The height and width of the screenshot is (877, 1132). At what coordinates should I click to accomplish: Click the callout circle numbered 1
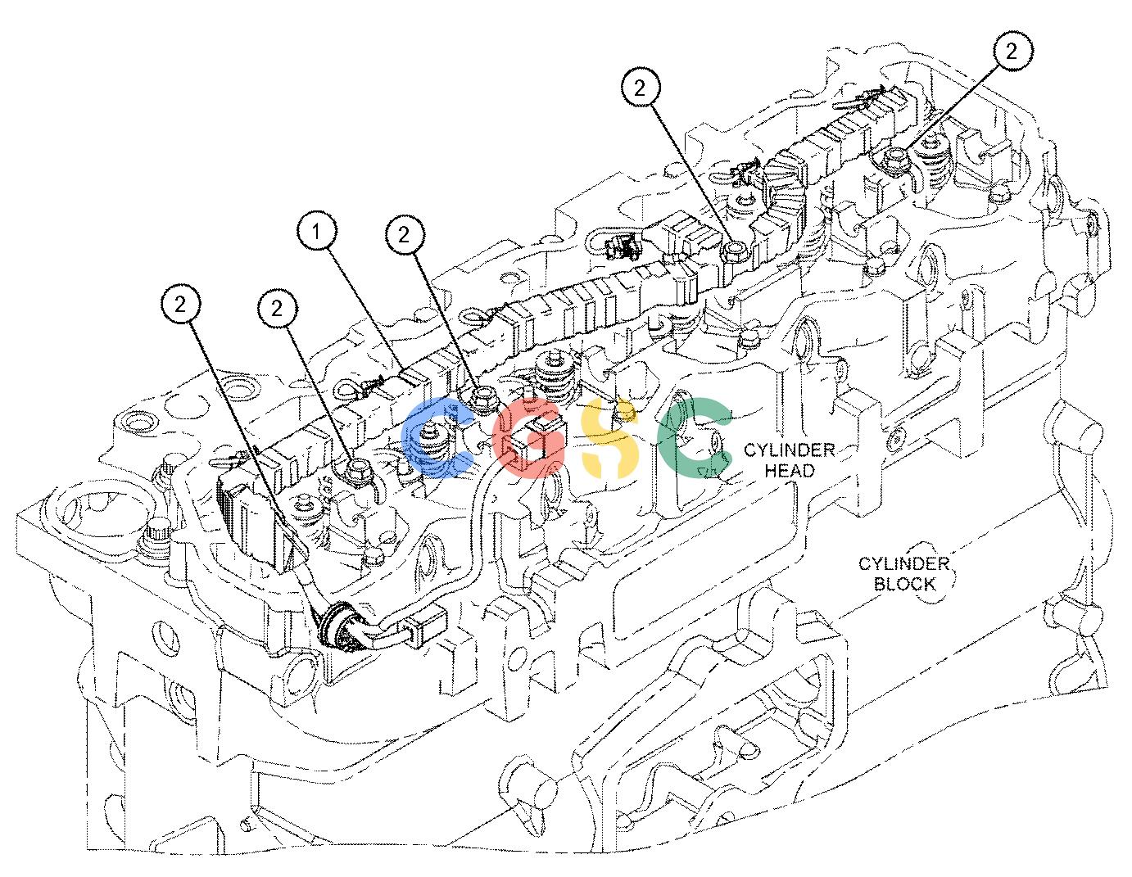[x=317, y=232]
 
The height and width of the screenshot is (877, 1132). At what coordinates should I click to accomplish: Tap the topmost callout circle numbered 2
[x=1011, y=51]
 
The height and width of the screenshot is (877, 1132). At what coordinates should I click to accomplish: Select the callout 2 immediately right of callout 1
[x=405, y=235]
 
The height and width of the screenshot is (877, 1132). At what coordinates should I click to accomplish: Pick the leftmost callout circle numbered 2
[x=180, y=304]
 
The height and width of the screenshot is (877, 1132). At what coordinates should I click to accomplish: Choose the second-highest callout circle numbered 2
[x=641, y=88]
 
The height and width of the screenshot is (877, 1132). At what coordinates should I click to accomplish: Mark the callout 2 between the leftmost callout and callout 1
[x=277, y=309]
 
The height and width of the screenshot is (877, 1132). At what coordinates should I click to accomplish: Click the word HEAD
[x=790, y=471]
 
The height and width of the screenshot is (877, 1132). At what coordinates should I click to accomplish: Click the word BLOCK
[x=904, y=584]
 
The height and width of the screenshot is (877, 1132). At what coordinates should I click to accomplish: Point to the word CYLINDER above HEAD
[x=790, y=450]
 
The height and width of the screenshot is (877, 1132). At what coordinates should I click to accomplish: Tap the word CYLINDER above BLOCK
[x=904, y=563]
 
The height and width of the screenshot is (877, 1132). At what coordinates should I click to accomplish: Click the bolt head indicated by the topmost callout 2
[x=895, y=156]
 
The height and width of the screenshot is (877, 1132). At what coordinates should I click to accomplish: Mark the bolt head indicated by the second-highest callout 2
[x=735, y=249]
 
